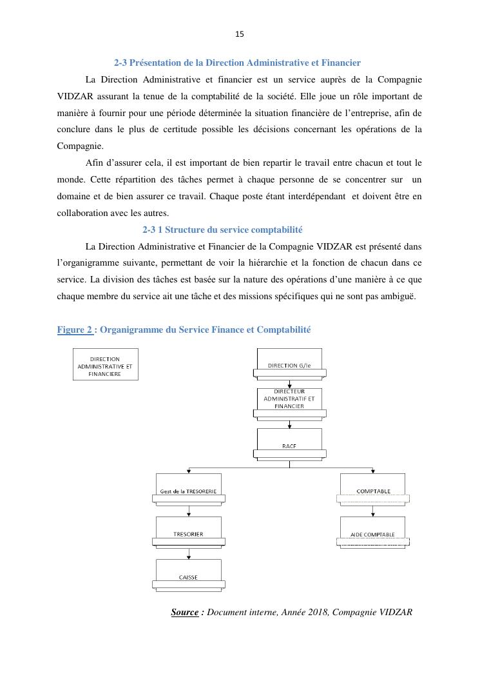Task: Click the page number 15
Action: pyautogui.click(x=240, y=34)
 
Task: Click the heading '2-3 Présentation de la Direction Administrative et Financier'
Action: pyautogui.click(x=237, y=63)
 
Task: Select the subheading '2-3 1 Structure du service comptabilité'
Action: pyautogui.click(x=222, y=230)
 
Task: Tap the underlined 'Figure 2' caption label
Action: pyautogui.click(x=75, y=330)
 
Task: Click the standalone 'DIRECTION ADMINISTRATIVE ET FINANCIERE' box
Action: pyautogui.click(x=105, y=364)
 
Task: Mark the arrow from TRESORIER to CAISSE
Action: pyautogui.click(x=189, y=554)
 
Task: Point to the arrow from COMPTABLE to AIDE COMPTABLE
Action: pyautogui.click(x=373, y=511)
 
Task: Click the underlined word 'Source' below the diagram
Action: pyautogui.click(x=184, y=612)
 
